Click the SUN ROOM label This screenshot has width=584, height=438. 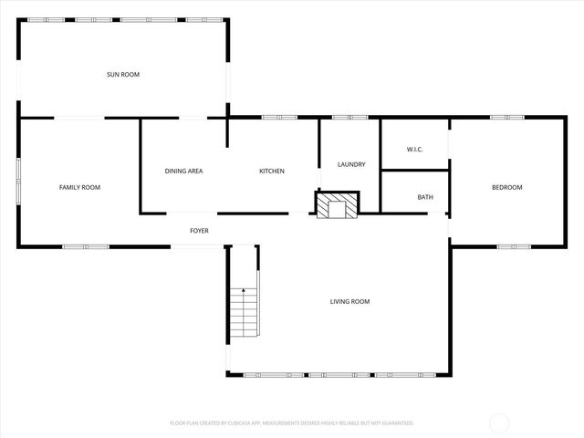coord(123,74)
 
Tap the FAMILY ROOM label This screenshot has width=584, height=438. coord(79,187)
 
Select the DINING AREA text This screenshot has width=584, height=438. coord(183,171)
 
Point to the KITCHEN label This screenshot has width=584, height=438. coord(272,171)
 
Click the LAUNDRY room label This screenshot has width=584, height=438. coord(351,164)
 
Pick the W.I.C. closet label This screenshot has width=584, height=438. coord(414,150)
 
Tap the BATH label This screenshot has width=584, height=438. coord(425,197)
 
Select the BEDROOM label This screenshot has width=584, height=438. coord(506,187)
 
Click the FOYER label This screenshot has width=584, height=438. coord(199,231)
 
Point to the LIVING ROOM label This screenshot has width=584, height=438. coord(349,301)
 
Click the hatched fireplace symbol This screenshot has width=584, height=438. coord(338,205)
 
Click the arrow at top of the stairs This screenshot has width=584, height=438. coord(244,291)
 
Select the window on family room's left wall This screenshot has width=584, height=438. coord(18,181)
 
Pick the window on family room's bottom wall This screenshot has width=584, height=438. coord(86,246)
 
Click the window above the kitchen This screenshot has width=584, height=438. coord(279,117)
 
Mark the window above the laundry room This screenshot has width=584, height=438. coord(349,117)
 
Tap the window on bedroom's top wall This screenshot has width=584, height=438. coord(506,117)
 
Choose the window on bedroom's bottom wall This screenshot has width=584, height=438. coord(514,246)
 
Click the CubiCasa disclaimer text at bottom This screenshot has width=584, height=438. coord(291,422)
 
